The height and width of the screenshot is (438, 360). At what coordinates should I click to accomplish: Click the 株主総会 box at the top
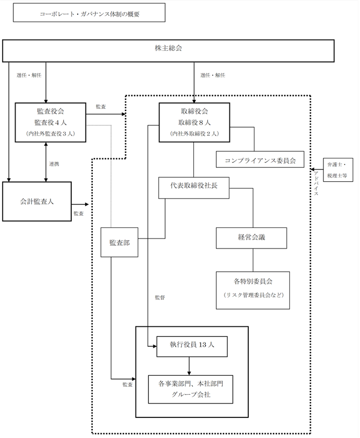[168, 51]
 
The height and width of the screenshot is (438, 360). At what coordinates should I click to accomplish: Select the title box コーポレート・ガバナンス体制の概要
[89, 13]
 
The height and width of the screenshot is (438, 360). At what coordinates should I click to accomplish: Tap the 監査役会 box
[50, 122]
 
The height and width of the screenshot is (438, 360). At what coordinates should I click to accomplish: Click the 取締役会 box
[194, 122]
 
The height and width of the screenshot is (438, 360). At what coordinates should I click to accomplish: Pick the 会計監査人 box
[37, 201]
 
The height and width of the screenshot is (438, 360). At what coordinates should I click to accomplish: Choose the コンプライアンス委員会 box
[260, 160]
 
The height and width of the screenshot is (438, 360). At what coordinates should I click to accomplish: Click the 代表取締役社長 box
[194, 188]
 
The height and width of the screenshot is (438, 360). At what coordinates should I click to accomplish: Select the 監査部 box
[119, 242]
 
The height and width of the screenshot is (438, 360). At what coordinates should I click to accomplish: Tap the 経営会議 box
[251, 238]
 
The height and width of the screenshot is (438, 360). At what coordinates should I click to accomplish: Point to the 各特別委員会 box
[253, 290]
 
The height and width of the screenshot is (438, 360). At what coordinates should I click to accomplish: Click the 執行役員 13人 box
[192, 346]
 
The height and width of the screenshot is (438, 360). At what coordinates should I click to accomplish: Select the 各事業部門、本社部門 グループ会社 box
[191, 389]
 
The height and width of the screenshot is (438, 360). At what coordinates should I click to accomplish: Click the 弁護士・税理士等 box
[338, 170]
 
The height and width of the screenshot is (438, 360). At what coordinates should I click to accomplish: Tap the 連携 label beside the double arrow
[54, 164]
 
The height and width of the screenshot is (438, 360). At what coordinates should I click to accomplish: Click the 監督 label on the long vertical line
[160, 297]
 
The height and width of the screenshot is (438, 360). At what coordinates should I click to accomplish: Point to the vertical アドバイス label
[316, 183]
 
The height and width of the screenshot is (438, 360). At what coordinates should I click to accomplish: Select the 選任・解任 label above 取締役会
[213, 75]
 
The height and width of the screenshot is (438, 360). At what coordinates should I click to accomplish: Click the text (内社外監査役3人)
[51, 133]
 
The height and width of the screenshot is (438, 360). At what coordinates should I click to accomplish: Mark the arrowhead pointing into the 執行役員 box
[154, 346]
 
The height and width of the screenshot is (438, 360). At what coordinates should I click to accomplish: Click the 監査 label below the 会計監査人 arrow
[79, 213]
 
